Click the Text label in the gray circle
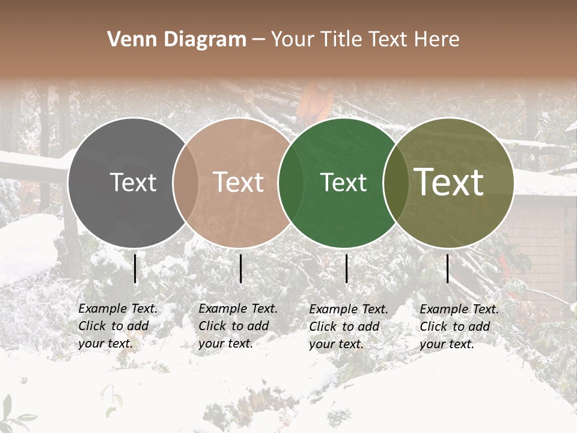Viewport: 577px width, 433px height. [133, 182]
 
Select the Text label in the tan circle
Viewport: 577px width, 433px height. [239, 182]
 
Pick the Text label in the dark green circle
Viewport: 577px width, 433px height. [344, 182]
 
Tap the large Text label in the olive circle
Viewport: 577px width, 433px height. [449, 182]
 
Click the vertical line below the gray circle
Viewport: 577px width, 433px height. [135, 268]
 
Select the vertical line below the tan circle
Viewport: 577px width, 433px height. [241, 268]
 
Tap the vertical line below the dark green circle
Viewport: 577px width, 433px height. [347, 268]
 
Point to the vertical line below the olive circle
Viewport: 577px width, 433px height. [448, 268]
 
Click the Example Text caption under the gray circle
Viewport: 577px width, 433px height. [117, 326]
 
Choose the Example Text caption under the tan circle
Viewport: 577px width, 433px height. [237, 326]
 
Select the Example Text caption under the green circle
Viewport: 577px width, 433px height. [348, 327]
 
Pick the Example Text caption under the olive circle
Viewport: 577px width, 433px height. [459, 327]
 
